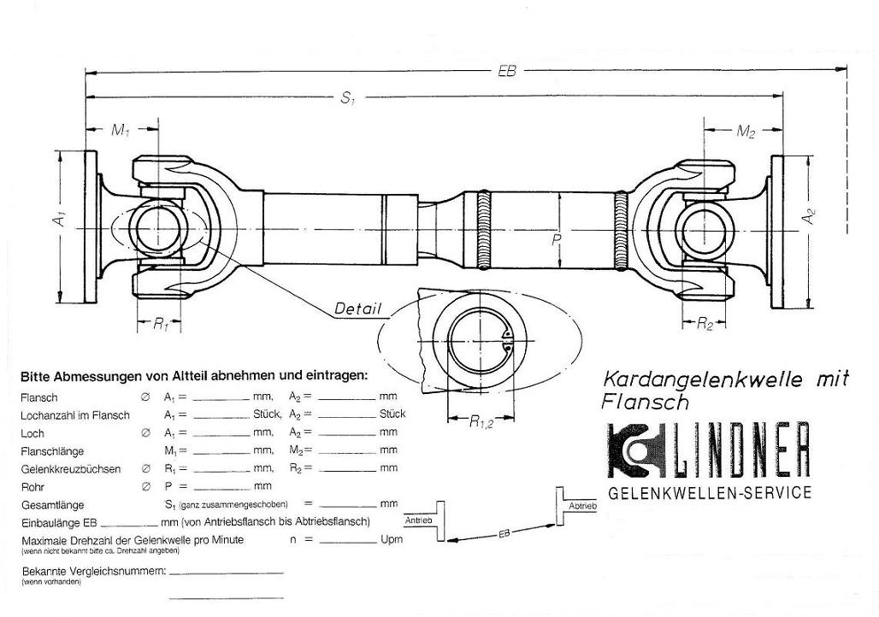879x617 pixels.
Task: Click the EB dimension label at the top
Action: (507, 72)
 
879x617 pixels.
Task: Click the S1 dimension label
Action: (347, 99)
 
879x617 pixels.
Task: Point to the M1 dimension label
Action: (121, 131)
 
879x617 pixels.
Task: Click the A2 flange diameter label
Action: (809, 218)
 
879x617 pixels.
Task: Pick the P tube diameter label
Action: (556, 241)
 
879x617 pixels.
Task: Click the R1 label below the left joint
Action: (161, 324)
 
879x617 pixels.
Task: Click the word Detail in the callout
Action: (358, 308)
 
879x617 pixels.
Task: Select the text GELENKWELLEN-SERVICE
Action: (709, 493)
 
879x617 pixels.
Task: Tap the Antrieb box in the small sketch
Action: (419, 520)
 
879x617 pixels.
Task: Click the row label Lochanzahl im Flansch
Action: (76, 415)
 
